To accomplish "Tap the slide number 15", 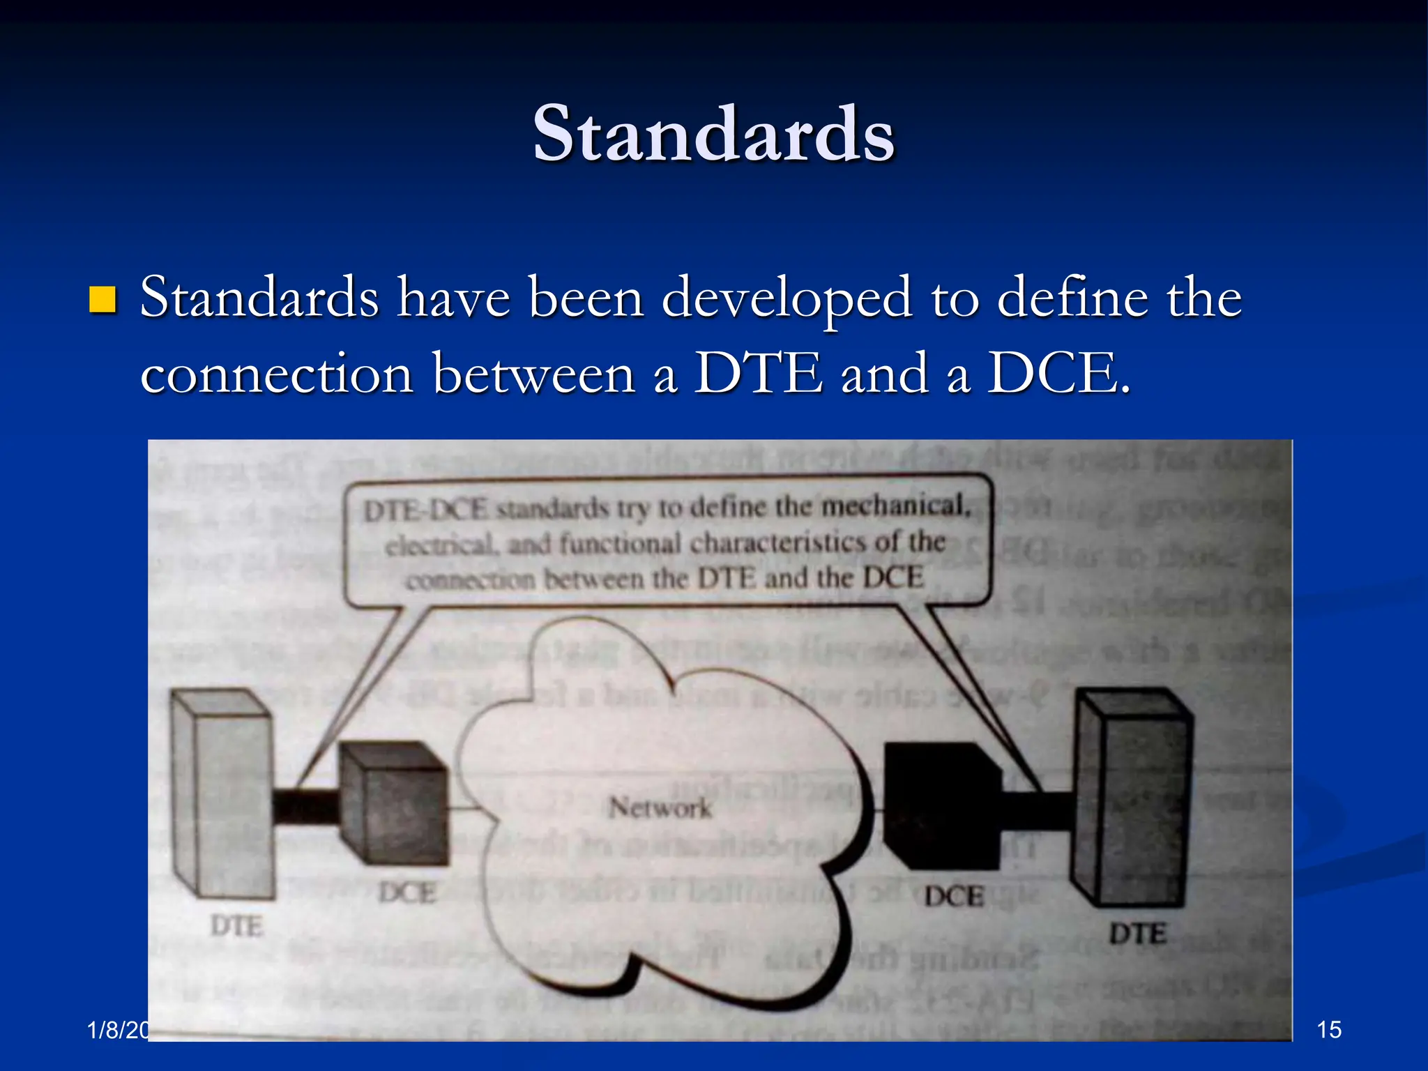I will click(x=1328, y=1029).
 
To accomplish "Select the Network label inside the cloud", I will click(x=660, y=808).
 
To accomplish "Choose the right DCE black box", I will click(x=941, y=805).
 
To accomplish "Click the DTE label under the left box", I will click(x=237, y=927).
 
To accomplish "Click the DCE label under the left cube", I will click(x=407, y=893).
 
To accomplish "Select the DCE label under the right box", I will click(x=954, y=897).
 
